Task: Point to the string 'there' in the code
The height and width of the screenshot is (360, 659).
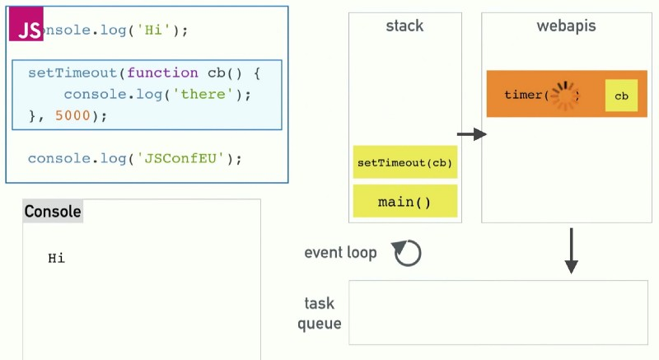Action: pos(203,94)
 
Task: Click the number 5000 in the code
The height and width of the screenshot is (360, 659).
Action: pos(72,115)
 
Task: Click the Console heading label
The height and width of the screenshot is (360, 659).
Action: pos(53,212)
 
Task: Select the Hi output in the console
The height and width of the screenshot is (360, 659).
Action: pos(56,259)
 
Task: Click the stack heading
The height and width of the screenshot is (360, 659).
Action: pos(404,26)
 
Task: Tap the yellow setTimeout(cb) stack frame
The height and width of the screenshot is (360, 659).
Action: pos(404,163)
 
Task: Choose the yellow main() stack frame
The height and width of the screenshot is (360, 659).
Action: pos(404,201)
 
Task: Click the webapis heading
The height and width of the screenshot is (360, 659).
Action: pos(566,26)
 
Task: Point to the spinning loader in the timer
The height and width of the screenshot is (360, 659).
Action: pos(565,96)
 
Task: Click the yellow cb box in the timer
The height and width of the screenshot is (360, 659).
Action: pos(621,96)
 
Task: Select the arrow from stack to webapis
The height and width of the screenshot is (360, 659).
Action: pos(472,134)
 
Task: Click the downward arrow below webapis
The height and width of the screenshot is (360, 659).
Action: pos(571,252)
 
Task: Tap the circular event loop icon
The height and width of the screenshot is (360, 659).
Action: pos(407,253)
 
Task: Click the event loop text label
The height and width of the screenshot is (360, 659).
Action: pos(340,253)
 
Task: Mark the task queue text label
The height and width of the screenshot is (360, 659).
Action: pos(319,314)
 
